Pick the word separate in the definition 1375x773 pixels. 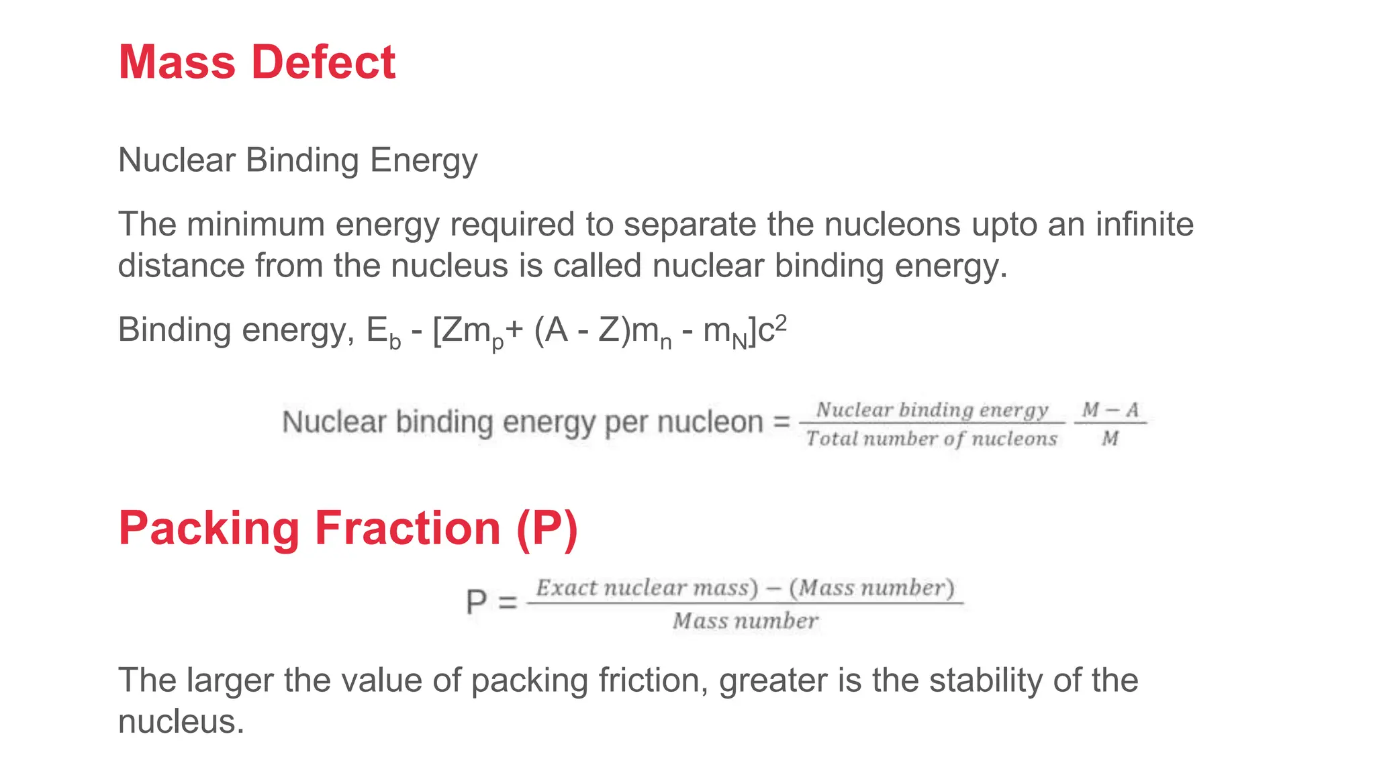[690, 225]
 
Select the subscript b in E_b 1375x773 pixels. [395, 342]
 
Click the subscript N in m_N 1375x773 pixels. [739, 342]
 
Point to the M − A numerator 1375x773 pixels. [1110, 409]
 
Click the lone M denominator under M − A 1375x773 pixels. [1110, 439]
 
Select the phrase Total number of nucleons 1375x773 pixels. [931, 439]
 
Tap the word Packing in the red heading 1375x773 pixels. [209, 529]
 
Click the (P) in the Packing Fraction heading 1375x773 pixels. [547, 529]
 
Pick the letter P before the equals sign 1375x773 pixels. [476, 601]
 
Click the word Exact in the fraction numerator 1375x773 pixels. [566, 588]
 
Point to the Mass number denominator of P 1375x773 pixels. [745, 621]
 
